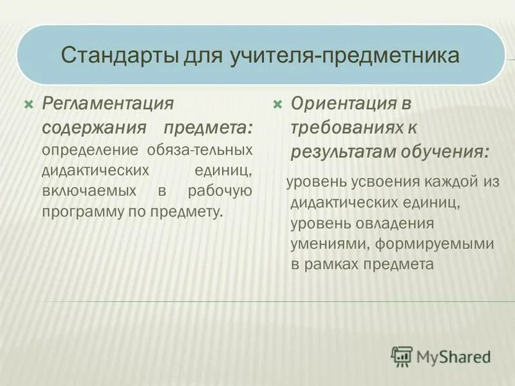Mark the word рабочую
pyautogui.click(x=220, y=191)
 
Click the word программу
pyautogui.click(x=84, y=212)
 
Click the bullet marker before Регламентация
pyautogui.click(x=28, y=103)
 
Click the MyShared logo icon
pyautogui.click(x=402, y=355)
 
